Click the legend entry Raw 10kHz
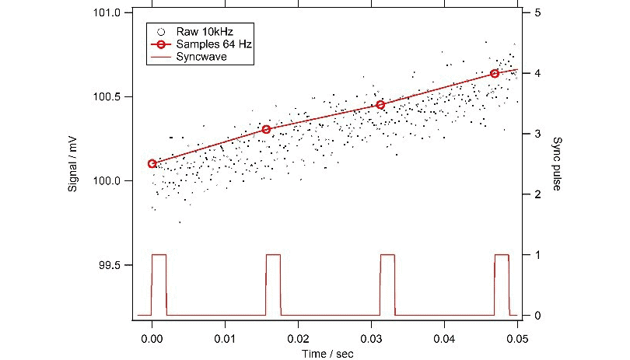tap(205, 32)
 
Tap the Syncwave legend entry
tap(201, 57)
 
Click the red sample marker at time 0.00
tap(152, 163)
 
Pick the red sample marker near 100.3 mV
tap(266, 129)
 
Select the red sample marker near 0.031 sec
tap(380, 104)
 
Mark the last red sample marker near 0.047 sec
tap(495, 73)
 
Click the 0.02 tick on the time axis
tap(298, 338)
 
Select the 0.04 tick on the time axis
tap(444, 338)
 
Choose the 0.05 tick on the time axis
tap(516, 338)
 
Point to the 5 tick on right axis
tap(537, 13)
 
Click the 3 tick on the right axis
tap(537, 134)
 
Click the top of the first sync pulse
tap(159, 254)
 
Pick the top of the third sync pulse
tap(387, 254)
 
